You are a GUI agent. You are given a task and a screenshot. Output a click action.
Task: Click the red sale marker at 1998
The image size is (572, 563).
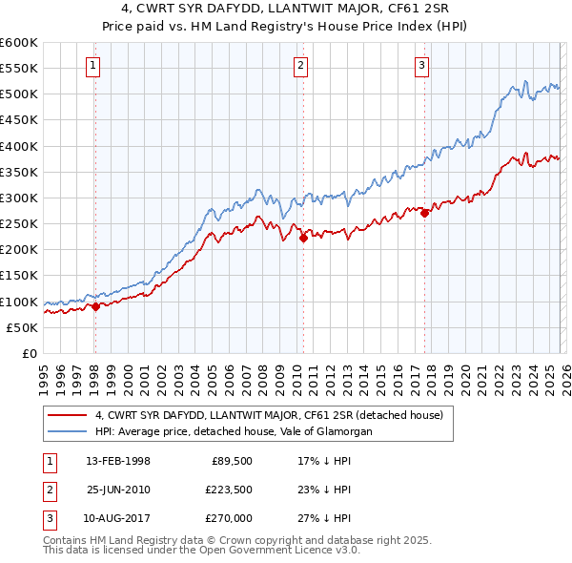coord(95,306)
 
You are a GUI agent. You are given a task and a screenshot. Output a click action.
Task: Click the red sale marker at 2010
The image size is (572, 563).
coord(303,238)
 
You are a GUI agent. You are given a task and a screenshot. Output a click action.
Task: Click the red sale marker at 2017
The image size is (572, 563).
coord(424,214)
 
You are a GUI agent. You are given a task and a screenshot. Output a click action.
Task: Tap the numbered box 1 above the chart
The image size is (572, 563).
coord(93,65)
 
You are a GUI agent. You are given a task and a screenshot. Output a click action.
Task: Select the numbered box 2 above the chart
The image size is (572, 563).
coord(300,65)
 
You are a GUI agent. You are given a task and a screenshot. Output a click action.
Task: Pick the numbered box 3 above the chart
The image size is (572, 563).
coord(421,65)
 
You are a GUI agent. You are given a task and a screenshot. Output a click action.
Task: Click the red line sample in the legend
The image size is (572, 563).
coord(68,415)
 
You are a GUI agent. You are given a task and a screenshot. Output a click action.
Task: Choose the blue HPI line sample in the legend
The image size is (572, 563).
coord(68,431)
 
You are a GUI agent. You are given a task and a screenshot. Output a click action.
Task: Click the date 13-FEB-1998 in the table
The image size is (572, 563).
coord(117,461)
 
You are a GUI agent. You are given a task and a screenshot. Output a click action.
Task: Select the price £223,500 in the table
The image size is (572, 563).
coord(226,490)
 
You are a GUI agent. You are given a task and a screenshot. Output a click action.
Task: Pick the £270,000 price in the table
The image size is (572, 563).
coord(226,518)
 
